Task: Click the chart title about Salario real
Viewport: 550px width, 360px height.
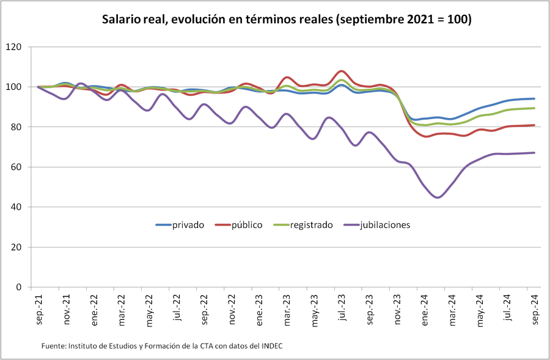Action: click(287, 20)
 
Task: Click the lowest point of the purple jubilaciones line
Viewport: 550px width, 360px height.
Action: click(438, 197)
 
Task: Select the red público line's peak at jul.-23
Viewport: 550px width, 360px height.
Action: click(342, 71)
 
